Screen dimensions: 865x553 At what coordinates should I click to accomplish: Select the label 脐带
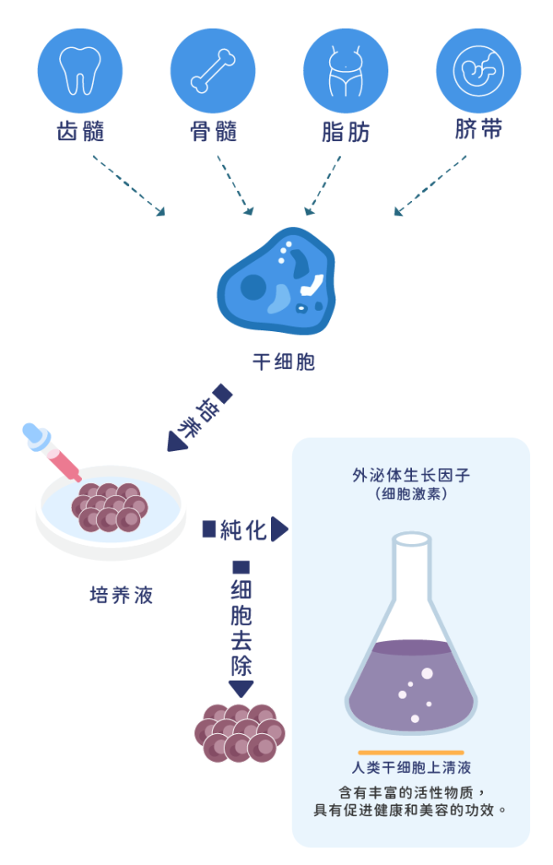(479, 130)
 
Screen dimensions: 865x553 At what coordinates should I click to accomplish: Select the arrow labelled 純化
(245, 530)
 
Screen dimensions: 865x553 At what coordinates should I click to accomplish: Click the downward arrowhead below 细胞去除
(241, 689)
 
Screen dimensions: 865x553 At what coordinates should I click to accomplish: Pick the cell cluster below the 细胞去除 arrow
(240, 731)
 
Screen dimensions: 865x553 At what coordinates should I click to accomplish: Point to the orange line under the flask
(411, 751)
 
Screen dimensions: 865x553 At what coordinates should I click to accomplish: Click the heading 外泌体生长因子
(411, 476)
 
